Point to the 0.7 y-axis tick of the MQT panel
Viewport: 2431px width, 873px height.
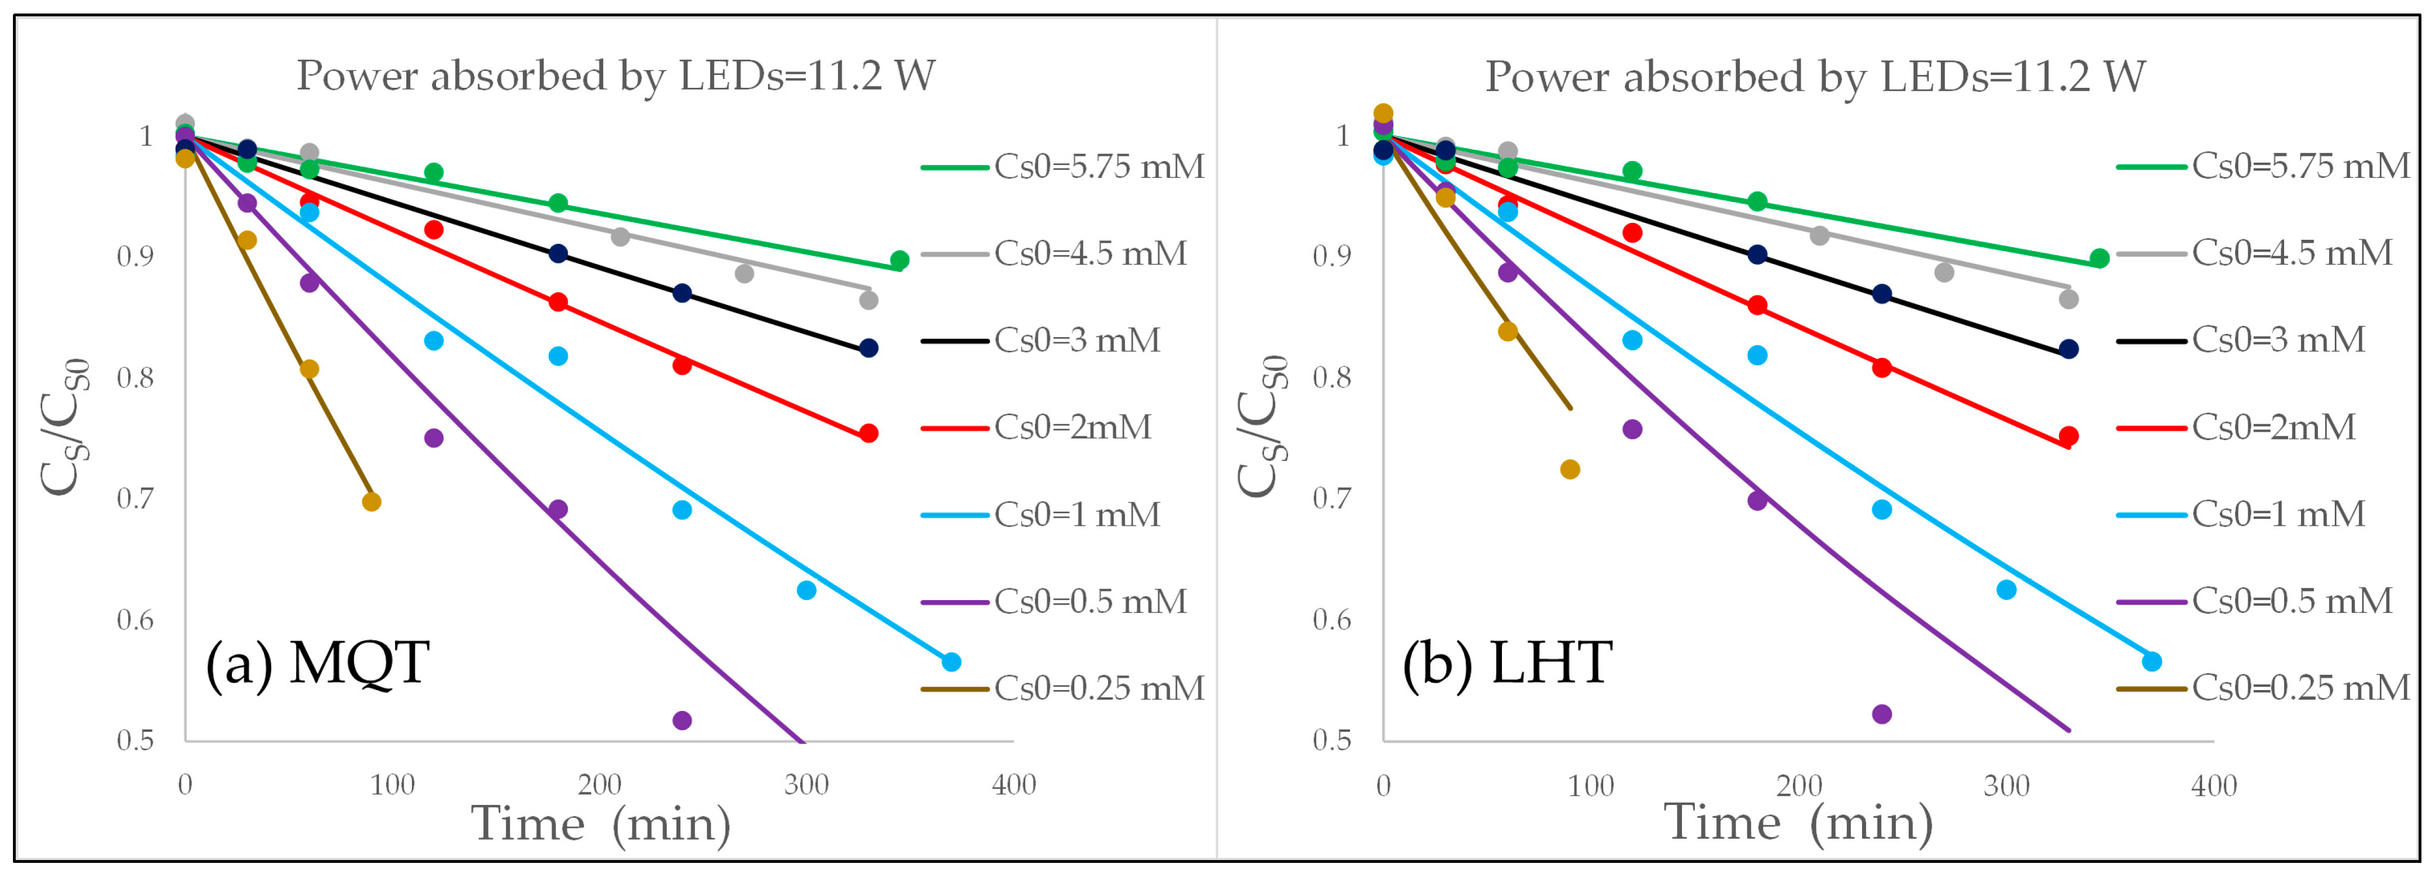pyautogui.click(x=135, y=498)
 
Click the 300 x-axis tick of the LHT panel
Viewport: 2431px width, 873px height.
pyautogui.click(x=2006, y=785)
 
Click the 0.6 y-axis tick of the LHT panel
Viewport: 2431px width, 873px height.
pyautogui.click(x=1331, y=620)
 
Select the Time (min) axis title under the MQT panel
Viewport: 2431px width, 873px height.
pyautogui.click(x=601, y=824)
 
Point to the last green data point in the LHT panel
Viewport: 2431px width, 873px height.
pyautogui.click(x=2100, y=258)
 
